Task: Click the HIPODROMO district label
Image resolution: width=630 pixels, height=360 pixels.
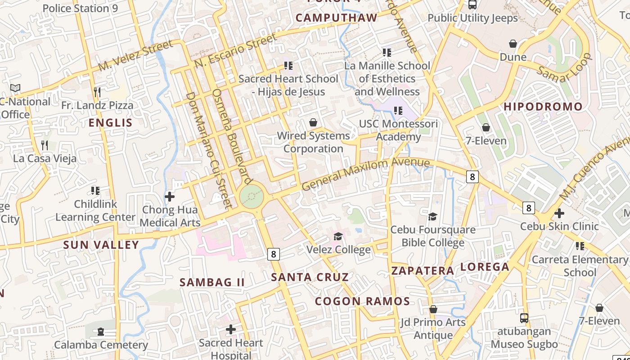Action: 543,107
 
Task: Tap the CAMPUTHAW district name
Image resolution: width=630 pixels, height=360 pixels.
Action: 336,18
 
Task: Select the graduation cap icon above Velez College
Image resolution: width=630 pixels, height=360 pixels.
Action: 338,236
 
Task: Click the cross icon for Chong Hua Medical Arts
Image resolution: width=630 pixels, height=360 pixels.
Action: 170,197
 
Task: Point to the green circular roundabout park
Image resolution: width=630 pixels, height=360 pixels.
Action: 251,197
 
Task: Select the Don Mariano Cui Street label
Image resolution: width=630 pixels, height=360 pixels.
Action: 208,150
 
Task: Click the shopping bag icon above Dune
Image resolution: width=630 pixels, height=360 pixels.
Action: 513,44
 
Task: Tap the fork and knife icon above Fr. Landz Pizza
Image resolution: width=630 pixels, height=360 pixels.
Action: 97,92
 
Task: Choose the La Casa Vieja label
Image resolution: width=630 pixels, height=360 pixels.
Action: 45,158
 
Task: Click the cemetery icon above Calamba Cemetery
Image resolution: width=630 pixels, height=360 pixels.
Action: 101,332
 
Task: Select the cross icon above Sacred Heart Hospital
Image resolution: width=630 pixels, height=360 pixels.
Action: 230,329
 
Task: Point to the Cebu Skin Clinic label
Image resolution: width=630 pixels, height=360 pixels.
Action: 559,226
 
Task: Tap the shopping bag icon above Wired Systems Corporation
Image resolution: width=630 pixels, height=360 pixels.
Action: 313,122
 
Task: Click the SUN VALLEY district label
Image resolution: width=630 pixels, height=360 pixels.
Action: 101,245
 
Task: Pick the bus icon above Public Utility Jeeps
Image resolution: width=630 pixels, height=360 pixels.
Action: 472,5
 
